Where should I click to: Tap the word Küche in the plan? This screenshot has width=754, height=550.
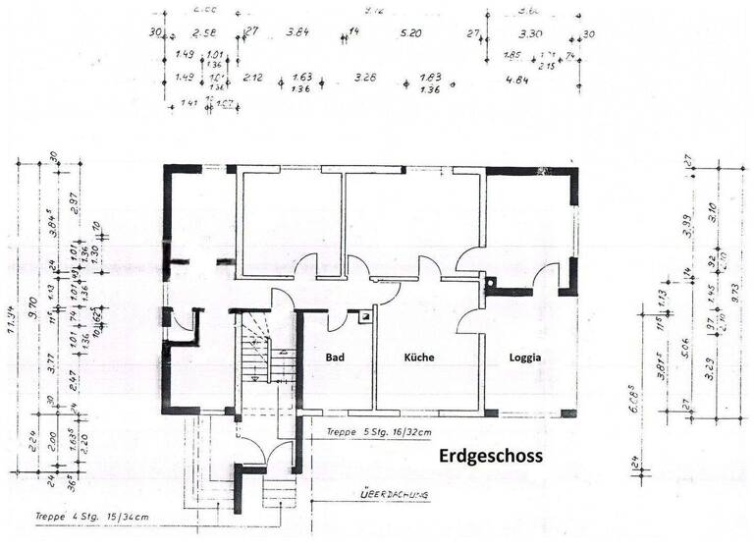point(419,358)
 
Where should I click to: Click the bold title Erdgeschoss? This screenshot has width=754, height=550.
point(489,456)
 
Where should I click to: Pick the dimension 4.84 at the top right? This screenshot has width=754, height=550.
point(517,78)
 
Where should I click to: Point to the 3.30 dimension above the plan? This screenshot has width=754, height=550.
point(530,34)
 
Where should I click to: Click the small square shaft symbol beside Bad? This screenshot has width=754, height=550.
point(365,317)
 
